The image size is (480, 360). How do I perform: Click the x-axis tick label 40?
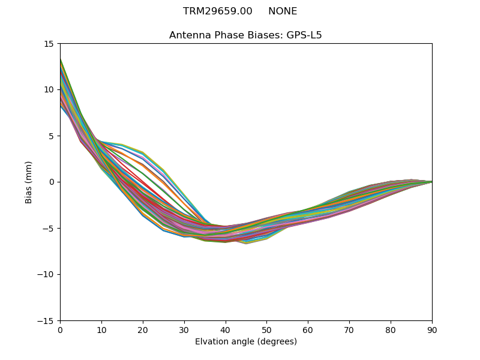click(x=225, y=330)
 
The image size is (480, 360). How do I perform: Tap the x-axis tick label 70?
click(x=349, y=330)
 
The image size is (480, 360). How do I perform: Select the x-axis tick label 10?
click(x=101, y=330)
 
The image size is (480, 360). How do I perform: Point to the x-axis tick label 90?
click(x=431, y=330)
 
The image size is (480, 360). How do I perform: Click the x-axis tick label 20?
click(x=143, y=330)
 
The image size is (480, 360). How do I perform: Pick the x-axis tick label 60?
click(x=308, y=330)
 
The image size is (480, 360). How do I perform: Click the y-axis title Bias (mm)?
click(x=28, y=182)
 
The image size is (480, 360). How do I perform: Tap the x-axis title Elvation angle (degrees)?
click(x=246, y=342)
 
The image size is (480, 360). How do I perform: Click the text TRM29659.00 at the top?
click(x=217, y=11)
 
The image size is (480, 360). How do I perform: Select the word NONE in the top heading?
click(x=283, y=11)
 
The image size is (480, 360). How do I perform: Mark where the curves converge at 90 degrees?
click(x=431, y=181)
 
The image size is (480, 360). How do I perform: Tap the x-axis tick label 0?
click(x=60, y=330)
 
